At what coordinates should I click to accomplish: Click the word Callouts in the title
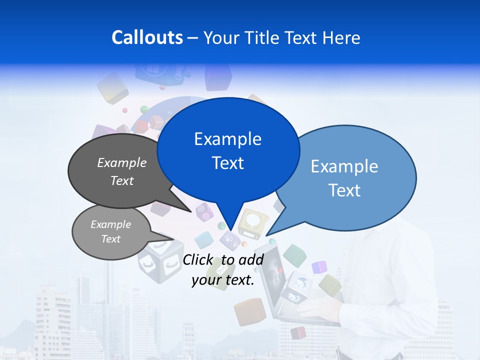[147, 37]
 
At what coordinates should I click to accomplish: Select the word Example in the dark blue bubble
[227, 139]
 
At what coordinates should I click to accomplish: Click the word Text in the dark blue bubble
[227, 163]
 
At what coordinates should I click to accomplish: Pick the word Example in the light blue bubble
[344, 166]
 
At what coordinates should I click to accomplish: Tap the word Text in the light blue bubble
[344, 190]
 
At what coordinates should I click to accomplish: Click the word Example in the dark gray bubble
[122, 163]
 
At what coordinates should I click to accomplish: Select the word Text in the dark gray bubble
[122, 180]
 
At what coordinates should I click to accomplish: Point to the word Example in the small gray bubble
[110, 224]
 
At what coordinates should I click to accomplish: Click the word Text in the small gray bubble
[110, 239]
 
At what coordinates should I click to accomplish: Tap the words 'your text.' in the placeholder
[223, 280]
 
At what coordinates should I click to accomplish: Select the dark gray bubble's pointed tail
[188, 208]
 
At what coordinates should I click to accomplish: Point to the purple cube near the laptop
[319, 267]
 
